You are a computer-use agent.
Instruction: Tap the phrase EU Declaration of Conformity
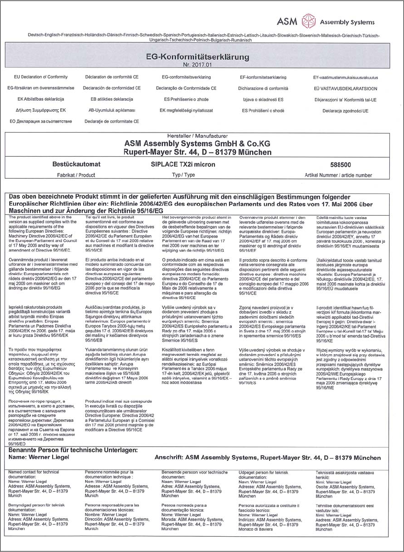[x=40, y=77]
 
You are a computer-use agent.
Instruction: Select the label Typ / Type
[x=184, y=175]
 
